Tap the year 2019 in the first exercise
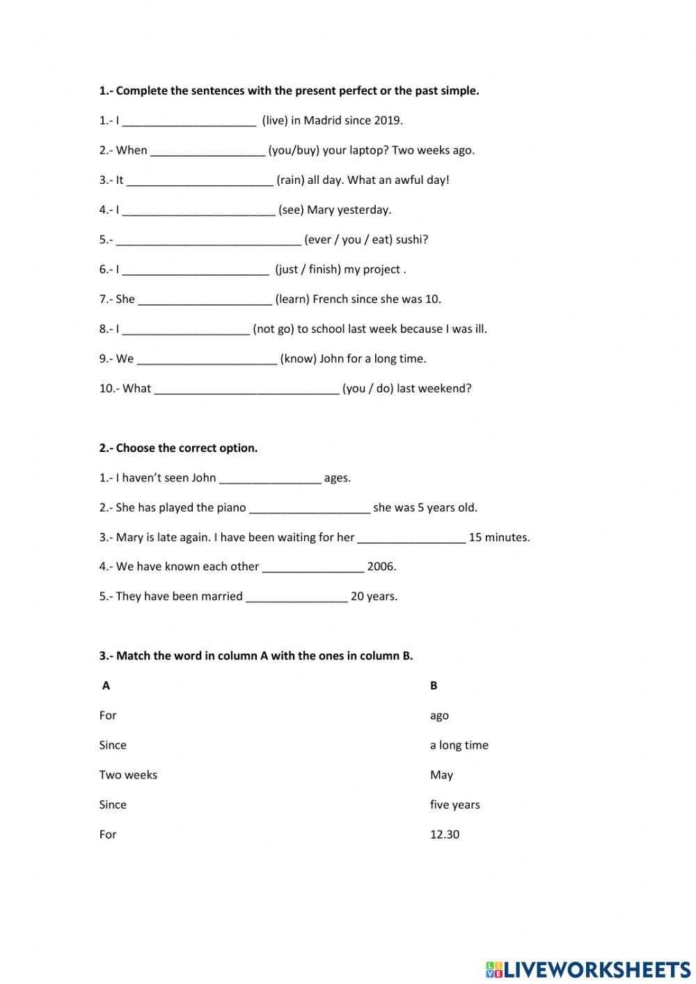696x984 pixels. pyautogui.click(x=387, y=120)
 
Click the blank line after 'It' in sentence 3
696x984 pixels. pyautogui.click(x=200, y=180)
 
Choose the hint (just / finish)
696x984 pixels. pyautogui.click(x=308, y=270)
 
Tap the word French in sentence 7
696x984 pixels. pyautogui.click(x=331, y=299)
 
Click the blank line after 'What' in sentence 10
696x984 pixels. pyautogui.click(x=246, y=389)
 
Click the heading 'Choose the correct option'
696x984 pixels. pyautogui.click(x=187, y=448)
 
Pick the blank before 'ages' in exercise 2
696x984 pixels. pyautogui.click(x=270, y=478)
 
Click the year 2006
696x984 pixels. pyautogui.click(x=381, y=567)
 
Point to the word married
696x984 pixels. pyautogui.click(x=221, y=597)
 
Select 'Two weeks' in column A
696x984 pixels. pyautogui.click(x=128, y=775)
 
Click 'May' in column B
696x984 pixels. pyautogui.click(x=441, y=775)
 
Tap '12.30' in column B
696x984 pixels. pyautogui.click(x=445, y=835)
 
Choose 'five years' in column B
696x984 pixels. pyautogui.click(x=455, y=805)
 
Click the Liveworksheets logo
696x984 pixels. pyautogui.click(x=588, y=969)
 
